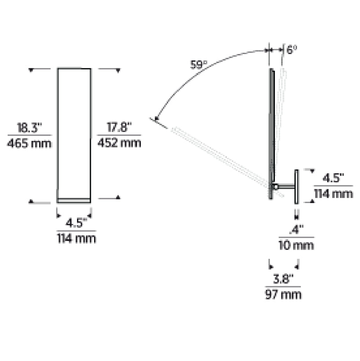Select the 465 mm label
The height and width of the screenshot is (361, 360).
click(30, 144)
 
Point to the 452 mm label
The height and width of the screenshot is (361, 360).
click(119, 144)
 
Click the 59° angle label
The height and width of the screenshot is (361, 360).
click(198, 64)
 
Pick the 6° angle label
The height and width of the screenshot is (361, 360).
click(292, 50)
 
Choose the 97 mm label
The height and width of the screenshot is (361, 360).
click(283, 295)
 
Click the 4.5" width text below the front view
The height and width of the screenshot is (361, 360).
click(76, 223)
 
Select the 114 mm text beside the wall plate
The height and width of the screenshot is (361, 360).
click(333, 194)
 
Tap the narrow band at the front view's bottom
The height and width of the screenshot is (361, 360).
click(74, 200)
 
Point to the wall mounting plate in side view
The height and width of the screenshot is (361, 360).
click(297, 186)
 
